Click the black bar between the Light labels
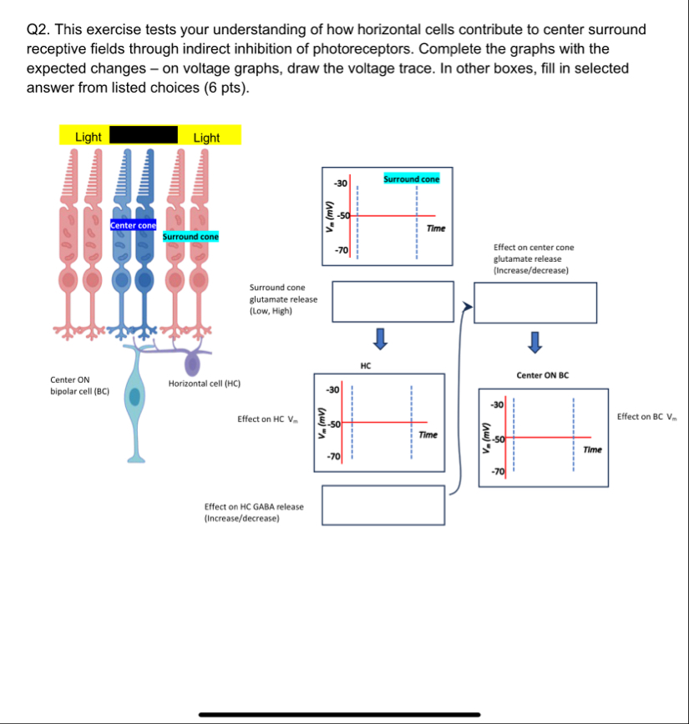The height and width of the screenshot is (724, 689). pos(144,135)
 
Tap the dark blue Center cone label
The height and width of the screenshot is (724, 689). pos(133,225)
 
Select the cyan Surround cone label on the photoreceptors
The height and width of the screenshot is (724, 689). pos(190,236)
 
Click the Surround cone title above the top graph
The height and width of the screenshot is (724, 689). pos(412,179)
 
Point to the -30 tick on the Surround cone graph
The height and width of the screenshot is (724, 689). pos(340,183)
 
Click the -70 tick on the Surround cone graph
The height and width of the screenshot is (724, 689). pos(340,249)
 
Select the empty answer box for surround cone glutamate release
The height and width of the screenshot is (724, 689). pos(393,301)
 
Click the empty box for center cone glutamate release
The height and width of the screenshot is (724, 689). pos(535,302)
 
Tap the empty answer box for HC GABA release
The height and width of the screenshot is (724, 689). pos(383,505)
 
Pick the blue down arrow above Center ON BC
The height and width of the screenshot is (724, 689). pos(535,342)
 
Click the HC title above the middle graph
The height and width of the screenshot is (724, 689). pos(366,365)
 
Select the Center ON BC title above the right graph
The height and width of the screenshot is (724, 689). pos(543,375)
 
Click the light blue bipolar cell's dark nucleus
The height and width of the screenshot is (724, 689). pos(135,395)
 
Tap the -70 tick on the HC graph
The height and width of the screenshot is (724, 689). pos(333,458)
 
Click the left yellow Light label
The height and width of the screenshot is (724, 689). pos(88,137)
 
